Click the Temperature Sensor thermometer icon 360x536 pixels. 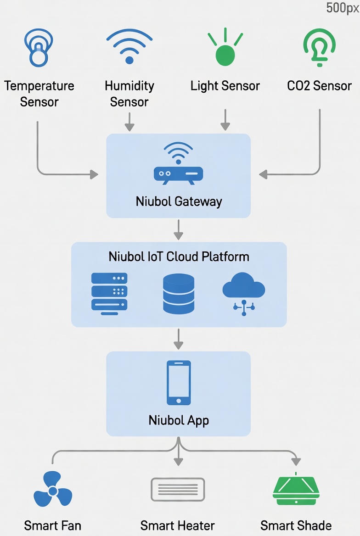coord(38,47)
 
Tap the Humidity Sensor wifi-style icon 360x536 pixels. coord(129,47)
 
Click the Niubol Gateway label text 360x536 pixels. coord(179,201)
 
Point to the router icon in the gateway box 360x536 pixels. coord(178,165)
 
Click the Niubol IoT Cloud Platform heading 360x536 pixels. coord(179,257)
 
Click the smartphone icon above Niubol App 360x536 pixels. coord(179,383)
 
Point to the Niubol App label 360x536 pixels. coord(179,420)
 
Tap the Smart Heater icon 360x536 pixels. coord(178,490)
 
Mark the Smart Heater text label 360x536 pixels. coord(178,525)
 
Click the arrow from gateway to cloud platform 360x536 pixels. coord(179,229)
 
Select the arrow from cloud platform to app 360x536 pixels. coord(179,339)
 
